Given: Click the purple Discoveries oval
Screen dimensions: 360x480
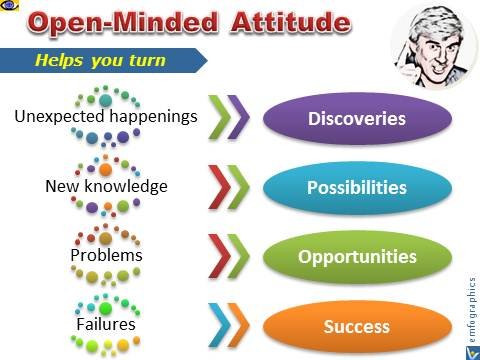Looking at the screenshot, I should click(357, 119).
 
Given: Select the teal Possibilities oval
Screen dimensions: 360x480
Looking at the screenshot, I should click(357, 188).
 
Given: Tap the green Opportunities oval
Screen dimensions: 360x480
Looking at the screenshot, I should click(357, 256).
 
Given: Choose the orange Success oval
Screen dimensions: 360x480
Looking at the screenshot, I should click(357, 325).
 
